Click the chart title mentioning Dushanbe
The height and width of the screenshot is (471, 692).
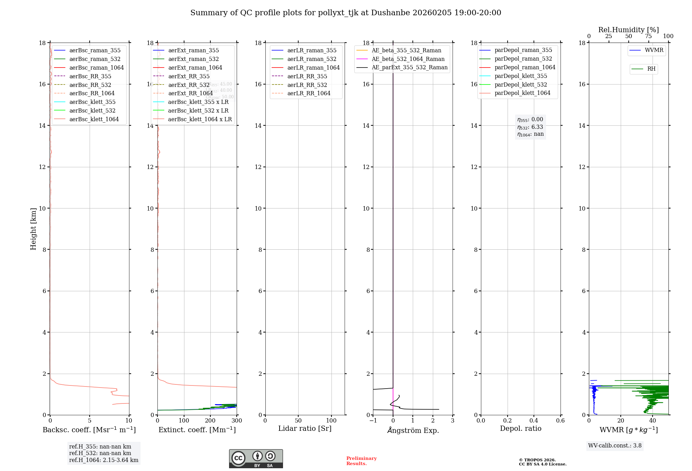click(x=346, y=13)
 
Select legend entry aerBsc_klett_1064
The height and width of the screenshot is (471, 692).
click(x=94, y=119)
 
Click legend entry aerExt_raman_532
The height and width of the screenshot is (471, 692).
click(x=193, y=59)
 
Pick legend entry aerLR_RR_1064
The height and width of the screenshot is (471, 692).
click(x=309, y=93)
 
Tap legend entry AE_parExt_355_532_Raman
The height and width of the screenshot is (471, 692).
click(x=409, y=67)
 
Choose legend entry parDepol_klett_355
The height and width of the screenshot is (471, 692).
click(x=521, y=76)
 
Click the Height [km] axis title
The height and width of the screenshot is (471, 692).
click(x=33, y=229)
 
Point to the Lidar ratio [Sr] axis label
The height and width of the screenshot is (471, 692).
click(x=305, y=428)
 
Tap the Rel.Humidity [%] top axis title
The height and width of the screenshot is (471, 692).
click(x=628, y=30)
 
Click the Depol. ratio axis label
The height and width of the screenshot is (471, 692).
click(x=520, y=428)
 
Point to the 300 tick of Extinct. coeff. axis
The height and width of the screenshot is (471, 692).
click(x=237, y=420)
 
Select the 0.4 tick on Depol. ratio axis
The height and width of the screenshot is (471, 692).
click(x=534, y=420)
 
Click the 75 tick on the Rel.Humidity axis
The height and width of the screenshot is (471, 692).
click(x=648, y=36)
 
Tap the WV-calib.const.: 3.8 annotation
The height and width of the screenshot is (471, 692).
click(x=614, y=445)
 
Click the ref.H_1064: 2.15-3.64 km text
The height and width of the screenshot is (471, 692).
click(x=103, y=460)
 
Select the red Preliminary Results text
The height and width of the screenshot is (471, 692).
click(x=361, y=461)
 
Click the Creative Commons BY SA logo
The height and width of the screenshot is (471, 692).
click(x=256, y=459)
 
